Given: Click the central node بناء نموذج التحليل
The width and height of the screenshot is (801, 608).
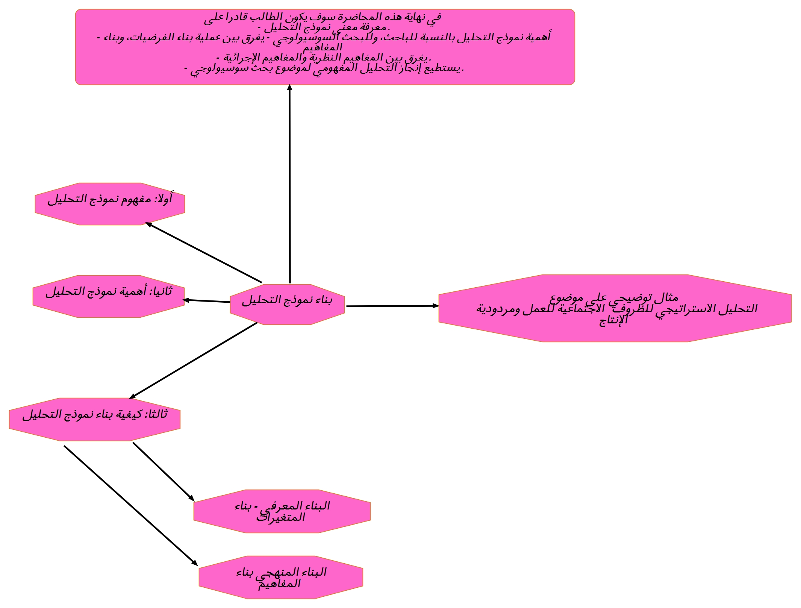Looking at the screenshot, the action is point(287,304).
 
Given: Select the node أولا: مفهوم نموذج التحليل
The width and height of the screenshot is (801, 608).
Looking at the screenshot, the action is point(110,204).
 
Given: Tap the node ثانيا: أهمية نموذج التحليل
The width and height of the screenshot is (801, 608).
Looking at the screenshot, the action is point(109,296).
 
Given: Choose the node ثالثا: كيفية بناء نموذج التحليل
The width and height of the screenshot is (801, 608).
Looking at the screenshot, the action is point(95,419).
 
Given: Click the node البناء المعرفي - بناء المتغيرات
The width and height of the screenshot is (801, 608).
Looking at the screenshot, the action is point(282,511).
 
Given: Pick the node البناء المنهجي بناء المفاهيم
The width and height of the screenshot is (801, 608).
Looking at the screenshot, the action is point(281,577).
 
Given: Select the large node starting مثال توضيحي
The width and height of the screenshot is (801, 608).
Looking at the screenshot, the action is point(615,308).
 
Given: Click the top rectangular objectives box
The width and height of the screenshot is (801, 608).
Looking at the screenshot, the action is point(325,47).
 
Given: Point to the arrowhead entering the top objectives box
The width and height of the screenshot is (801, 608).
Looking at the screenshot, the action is point(289,87).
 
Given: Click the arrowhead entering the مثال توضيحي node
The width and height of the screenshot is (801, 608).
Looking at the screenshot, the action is point(436,306).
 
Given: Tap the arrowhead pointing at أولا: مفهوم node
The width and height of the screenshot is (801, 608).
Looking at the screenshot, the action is point(148,224).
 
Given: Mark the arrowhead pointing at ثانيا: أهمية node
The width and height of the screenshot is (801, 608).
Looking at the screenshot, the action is point(185,300).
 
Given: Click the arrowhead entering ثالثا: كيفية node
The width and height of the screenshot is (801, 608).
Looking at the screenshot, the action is point(132,396).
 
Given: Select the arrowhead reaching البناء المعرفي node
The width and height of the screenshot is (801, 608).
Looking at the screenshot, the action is point(192,498).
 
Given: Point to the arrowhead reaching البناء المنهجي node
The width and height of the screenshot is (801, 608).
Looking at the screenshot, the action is point(195,563).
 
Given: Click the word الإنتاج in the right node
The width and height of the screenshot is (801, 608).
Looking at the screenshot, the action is point(613,320).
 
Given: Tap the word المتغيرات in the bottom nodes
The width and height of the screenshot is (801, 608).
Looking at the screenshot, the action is point(281,517).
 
